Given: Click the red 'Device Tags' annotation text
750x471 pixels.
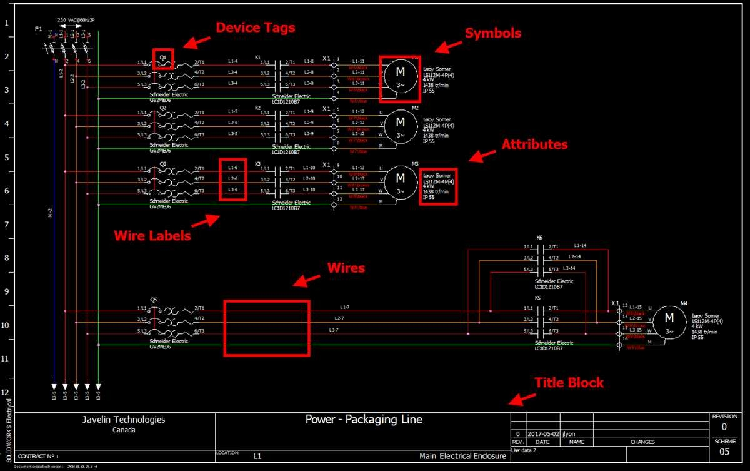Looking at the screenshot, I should click(255, 28).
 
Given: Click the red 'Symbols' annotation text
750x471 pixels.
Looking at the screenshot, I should click(492, 33).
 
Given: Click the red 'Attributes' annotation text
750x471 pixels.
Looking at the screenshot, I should click(534, 144).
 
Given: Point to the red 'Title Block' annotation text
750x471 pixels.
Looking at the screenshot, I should click(569, 382).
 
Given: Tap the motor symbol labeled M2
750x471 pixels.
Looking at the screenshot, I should click(400, 126).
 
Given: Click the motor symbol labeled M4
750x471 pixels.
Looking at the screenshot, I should click(669, 320).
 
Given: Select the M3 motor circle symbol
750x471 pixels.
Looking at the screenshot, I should click(400, 182).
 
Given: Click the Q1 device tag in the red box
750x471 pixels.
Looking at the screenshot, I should click(163, 56).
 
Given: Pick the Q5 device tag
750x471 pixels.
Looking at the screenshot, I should click(154, 300).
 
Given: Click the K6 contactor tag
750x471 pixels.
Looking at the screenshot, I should click(539, 238).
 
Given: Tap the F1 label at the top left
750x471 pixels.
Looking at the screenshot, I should click(39, 29).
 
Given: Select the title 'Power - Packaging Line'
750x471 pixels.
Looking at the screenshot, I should click(364, 420).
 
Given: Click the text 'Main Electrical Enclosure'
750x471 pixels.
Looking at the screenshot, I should click(462, 457).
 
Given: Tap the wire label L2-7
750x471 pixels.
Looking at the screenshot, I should click(339, 319).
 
